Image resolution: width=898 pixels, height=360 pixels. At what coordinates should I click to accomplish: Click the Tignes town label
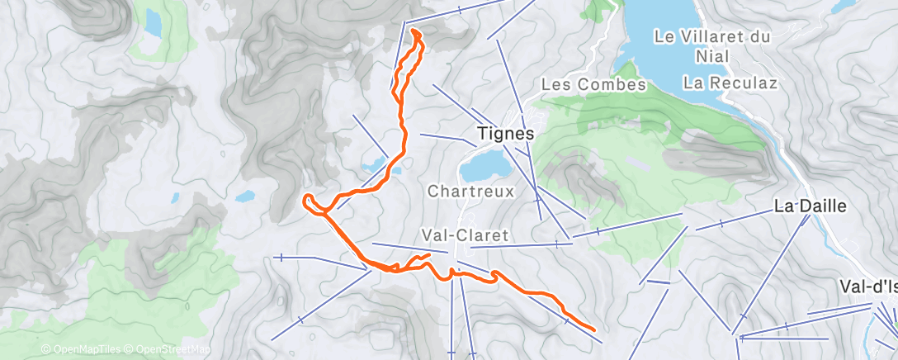[x=506, y=134]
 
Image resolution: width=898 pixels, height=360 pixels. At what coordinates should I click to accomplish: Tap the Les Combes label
[x=593, y=85]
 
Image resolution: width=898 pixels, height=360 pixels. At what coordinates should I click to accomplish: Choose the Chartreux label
[x=470, y=191]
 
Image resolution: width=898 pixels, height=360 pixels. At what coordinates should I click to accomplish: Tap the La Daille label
[x=810, y=206]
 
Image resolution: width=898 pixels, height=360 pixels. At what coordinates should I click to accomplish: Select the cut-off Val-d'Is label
[x=867, y=287]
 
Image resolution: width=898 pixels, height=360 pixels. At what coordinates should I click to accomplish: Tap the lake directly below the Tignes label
[x=484, y=166]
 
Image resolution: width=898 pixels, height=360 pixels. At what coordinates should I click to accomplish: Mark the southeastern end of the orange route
[x=594, y=329]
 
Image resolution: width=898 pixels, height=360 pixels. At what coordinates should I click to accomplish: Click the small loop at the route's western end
[x=310, y=201]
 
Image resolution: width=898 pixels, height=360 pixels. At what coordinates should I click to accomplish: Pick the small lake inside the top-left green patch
[x=154, y=26]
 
